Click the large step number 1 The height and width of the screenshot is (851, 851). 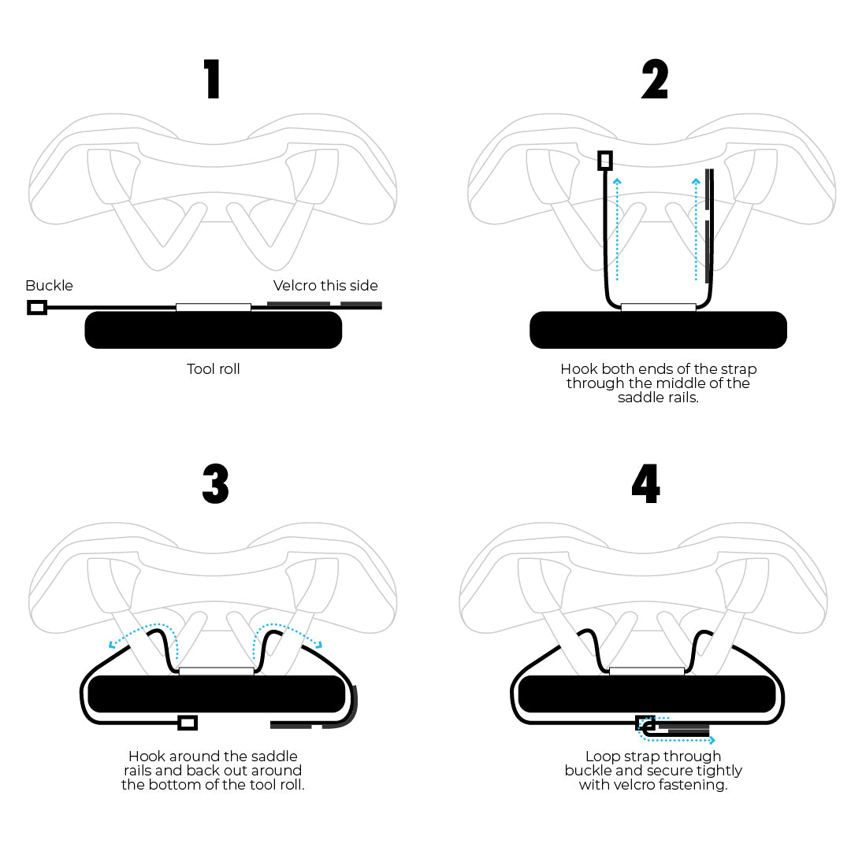tap(213, 80)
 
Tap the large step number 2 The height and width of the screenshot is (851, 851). tap(654, 80)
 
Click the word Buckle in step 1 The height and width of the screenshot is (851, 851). tap(49, 285)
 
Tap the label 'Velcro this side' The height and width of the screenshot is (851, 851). tap(325, 285)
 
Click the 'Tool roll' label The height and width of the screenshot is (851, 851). tap(213, 368)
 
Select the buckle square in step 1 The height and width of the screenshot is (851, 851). tap(36, 307)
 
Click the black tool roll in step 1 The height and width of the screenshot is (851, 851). tap(213, 330)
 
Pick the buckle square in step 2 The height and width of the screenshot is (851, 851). tap(604, 161)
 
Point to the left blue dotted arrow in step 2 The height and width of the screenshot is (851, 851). tap(618, 228)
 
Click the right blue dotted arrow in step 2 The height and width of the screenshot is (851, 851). tap(697, 228)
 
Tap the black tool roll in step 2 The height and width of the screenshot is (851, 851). tap(658, 330)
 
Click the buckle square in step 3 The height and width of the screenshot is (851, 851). tap(188, 722)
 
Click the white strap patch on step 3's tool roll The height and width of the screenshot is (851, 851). tap(217, 671)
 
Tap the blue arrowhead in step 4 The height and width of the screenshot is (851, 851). tap(712, 740)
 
